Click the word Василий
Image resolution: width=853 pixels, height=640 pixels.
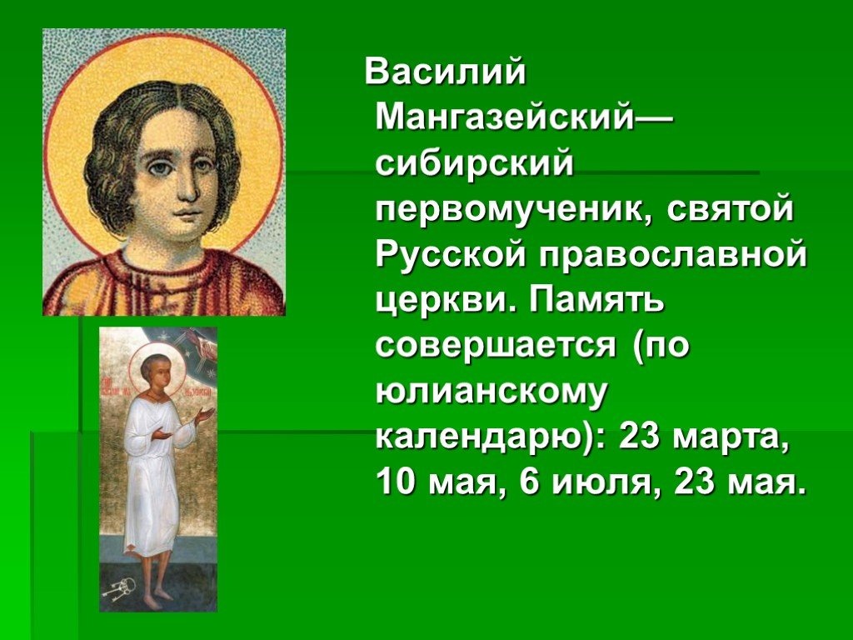(x=446, y=72)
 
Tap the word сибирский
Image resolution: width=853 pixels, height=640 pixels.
(x=475, y=163)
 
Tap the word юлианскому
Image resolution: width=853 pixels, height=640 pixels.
(x=490, y=391)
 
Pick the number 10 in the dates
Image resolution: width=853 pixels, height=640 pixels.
(x=396, y=482)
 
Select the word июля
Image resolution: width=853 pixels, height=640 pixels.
(x=599, y=482)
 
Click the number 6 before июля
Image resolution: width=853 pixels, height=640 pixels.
(x=531, y=482)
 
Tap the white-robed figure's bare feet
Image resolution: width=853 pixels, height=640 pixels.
(x=154, y=595)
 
